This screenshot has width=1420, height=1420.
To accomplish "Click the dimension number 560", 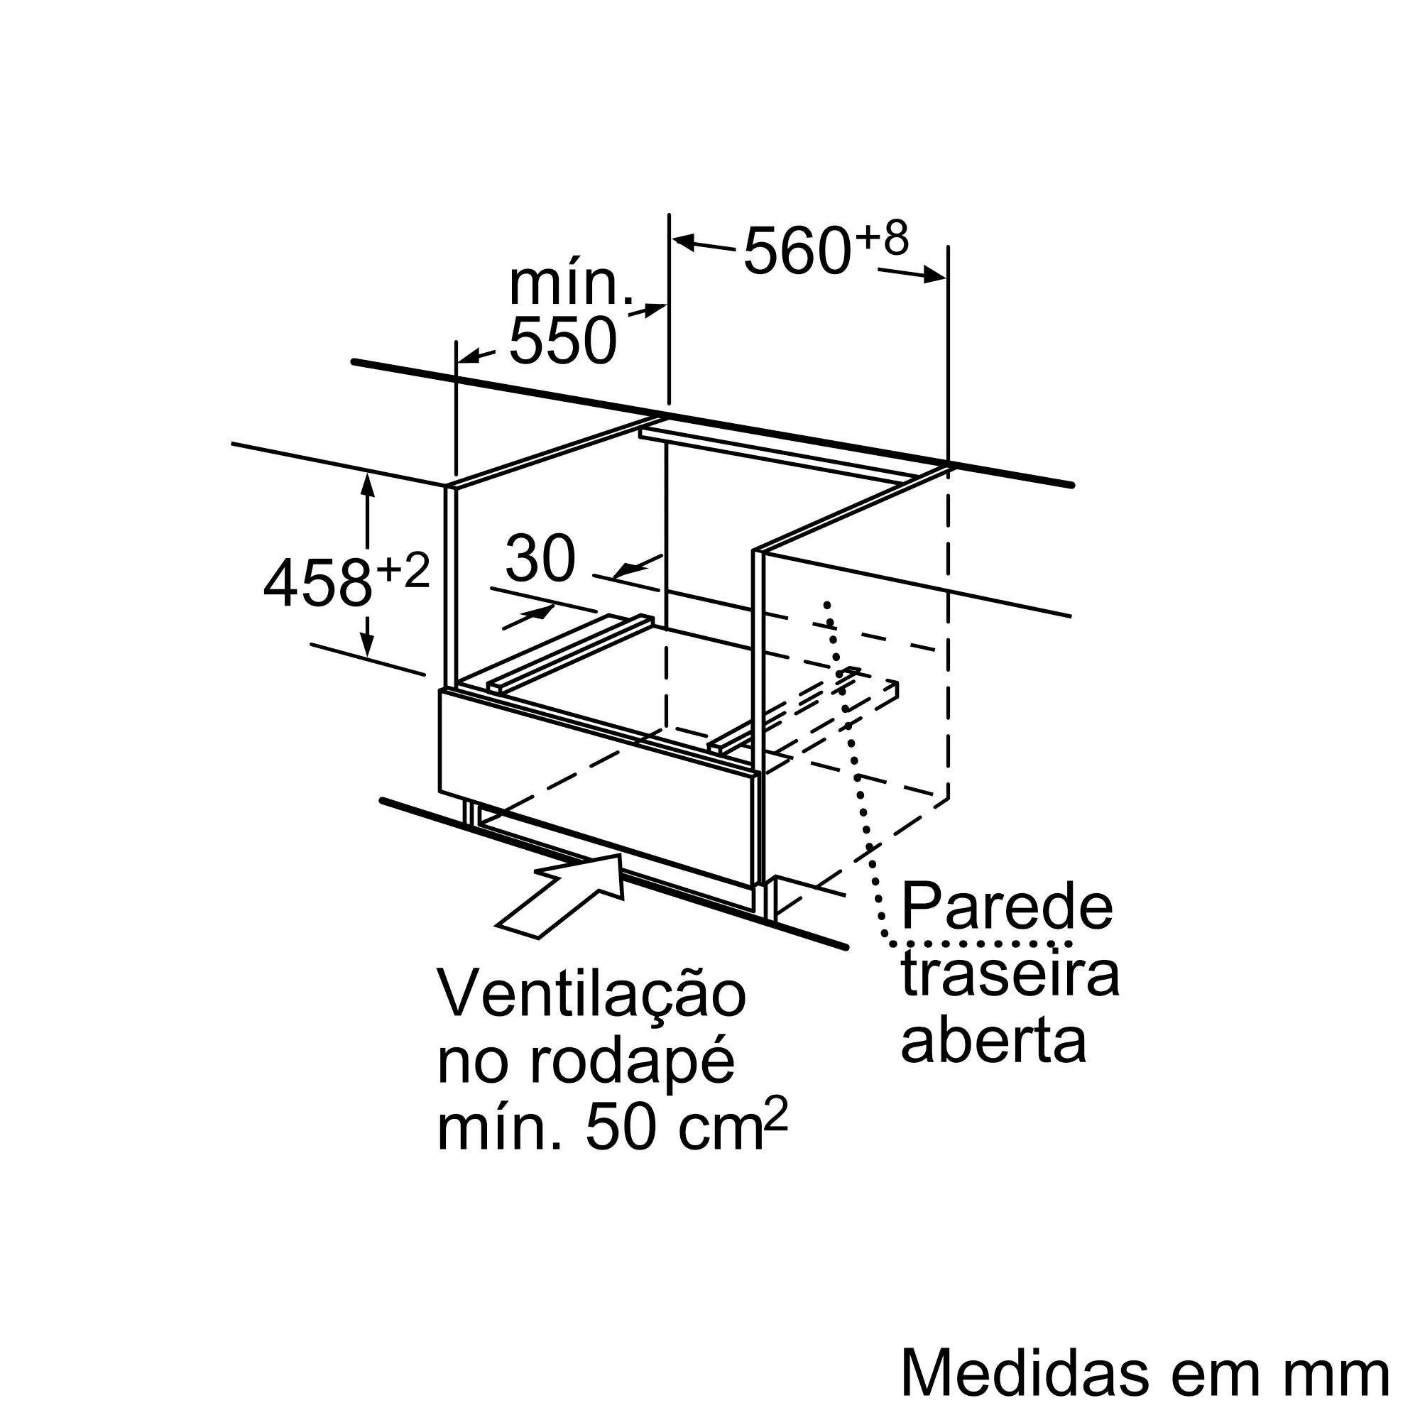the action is [797, 251].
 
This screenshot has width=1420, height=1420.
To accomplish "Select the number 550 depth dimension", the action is [562, 341].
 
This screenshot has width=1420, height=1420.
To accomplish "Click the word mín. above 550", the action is [570, 283].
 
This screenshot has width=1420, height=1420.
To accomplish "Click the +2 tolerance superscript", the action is [402, 570].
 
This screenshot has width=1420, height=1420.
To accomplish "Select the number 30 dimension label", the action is [540, 559].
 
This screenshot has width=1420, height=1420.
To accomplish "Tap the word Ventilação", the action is [591, 995].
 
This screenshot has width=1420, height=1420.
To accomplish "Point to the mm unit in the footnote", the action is [1344, 1373].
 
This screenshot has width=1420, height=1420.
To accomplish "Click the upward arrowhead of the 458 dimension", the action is [368, 485].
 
